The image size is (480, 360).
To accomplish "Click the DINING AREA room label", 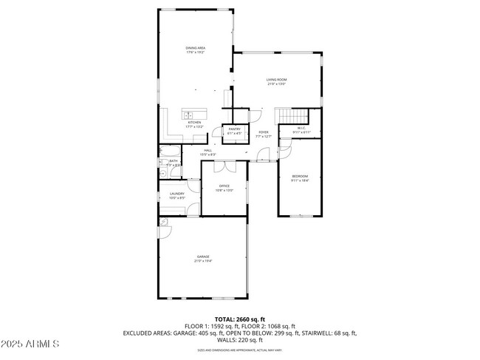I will tap(195, 48).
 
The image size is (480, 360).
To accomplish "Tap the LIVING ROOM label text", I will tap(276, 79).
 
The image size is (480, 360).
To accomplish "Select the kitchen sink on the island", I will tap(188, 115).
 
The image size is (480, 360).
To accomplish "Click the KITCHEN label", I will tap(193, 123).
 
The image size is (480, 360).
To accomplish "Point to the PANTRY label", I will tap(234, 129).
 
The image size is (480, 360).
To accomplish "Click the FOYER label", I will tap(264, 132).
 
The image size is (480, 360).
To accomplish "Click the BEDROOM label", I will tap(299, 176).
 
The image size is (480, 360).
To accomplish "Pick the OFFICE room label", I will tap(224, 186).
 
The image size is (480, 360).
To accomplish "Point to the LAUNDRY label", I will tap(177, 194).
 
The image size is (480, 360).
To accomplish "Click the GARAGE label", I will tap(202, 257).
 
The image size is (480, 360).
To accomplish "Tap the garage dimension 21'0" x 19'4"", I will tap(202, 261).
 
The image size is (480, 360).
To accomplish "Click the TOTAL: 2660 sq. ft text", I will tap(240, 319).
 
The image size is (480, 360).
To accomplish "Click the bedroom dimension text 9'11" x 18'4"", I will tap(299, 180).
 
